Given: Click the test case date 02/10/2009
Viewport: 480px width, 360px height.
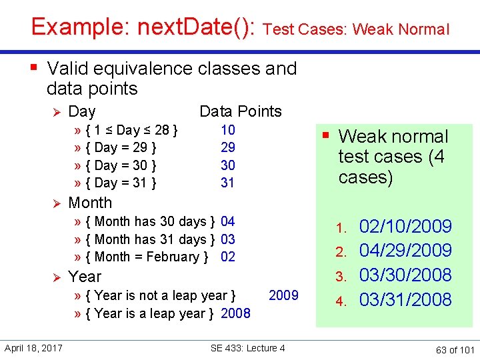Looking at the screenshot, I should [x=405, y=227].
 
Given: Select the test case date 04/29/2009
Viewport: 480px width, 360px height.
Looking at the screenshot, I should [x=405, y=251].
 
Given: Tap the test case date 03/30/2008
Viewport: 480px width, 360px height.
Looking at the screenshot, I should [x=405, y=275].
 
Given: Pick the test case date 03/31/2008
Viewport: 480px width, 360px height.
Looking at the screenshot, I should [x=405, y=300].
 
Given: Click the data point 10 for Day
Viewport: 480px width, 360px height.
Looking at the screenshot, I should [x=228, y=130].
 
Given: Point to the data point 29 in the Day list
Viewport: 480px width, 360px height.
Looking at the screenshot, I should [x=228, y=147].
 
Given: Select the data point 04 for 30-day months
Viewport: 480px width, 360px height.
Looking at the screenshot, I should [x=228, y=221].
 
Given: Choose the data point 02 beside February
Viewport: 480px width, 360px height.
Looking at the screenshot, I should [x=228, y=257].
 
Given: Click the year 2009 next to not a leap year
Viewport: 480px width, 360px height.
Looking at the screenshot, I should [x=283, y=295].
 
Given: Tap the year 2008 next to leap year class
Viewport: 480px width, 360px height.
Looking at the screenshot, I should [x=235, y=313].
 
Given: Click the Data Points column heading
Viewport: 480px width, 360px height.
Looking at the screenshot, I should [x=241, y=111].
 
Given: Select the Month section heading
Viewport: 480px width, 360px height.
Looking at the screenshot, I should [x=90, y=203].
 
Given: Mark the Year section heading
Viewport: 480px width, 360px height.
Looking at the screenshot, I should [x=85, y=276].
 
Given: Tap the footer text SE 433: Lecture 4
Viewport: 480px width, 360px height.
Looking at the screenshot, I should [x=247, y=348].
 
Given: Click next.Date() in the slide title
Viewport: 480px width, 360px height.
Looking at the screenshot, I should [x=197, y=27].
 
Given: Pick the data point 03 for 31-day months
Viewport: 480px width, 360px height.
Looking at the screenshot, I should [x=228, y=239].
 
